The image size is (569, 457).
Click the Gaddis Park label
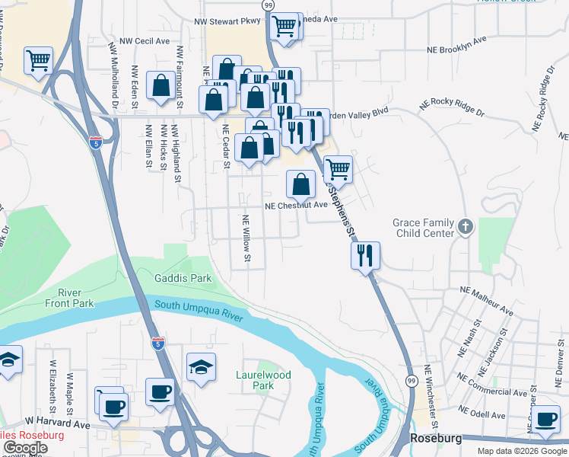183,279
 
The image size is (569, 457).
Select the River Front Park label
75,298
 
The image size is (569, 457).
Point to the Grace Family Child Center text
424,228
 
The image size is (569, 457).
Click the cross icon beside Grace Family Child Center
466,226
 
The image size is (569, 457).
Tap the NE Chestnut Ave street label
296,205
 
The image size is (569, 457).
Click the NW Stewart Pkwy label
227,23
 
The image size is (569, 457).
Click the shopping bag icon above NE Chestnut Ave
301,183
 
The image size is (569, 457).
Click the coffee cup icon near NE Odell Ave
545,419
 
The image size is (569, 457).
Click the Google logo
25,448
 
